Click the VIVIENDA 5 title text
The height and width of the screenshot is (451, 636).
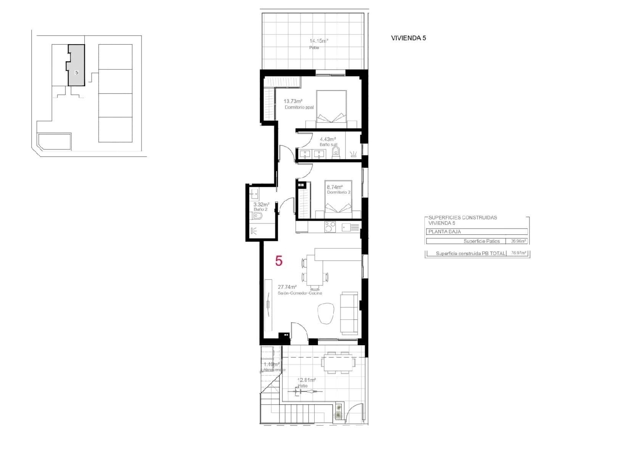[x=408, y=38]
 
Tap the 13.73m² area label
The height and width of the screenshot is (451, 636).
[x=293, y=101]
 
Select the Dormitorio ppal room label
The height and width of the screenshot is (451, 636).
[x=299, y=107]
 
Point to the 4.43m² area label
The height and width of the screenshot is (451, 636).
[x=328, y=139]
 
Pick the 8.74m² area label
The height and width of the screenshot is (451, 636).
[x=334, y=187]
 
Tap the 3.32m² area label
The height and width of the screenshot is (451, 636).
[x=261, y=205]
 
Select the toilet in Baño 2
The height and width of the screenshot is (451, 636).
[x=257, y=216]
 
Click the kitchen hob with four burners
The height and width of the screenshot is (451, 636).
[x=330, y=227]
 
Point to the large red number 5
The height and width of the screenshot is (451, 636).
[x=279, y=261]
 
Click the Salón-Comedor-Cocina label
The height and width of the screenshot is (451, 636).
[x=300, y=293]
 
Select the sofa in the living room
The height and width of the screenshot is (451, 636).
[x=349, y=313]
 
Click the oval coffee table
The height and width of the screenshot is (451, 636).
[x=326, y=313]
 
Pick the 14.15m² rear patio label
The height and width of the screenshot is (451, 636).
[x=318, y=41]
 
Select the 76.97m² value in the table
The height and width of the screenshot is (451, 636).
[x=519, y=254]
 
